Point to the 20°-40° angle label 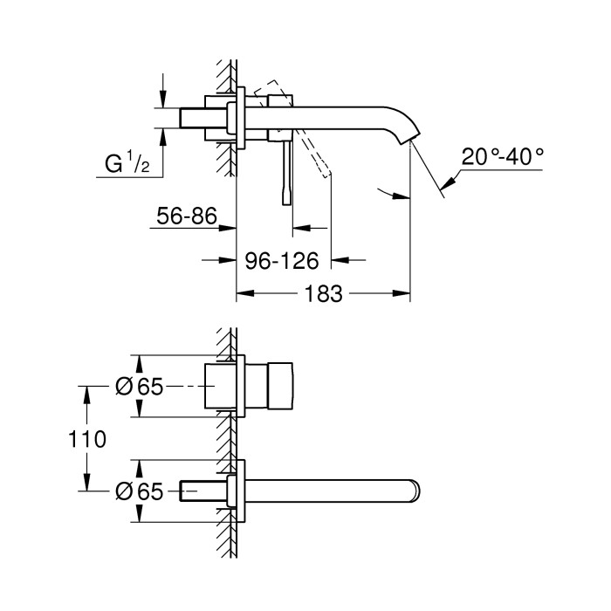tap(503, 156)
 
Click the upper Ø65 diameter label tap(140, 387)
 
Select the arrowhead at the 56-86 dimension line tap(231, 229)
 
